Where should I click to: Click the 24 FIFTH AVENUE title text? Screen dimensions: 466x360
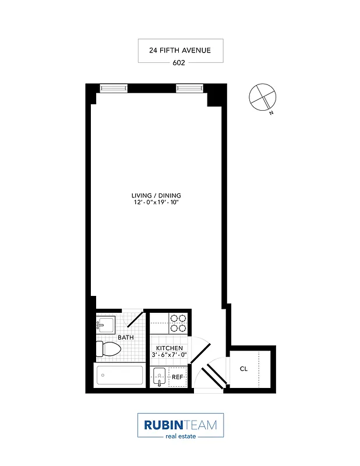click(179, 51)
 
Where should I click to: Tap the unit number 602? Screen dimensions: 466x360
click(179, 63)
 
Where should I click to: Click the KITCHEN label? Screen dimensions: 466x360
click(169, 348)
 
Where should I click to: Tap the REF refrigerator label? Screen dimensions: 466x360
click(177, 377)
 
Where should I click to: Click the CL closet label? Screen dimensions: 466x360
click(243, 368)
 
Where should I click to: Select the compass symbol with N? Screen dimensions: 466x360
click(260, 97)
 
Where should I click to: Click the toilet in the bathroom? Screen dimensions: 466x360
click(108, 349)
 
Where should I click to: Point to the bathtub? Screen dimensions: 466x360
click(119, 375)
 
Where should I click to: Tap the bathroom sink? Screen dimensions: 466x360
click(105, 324)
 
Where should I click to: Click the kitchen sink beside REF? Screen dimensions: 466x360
click(159, 377)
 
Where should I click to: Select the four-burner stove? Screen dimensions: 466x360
click(178, 323)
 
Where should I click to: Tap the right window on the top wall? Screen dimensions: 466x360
click(189, 89)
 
